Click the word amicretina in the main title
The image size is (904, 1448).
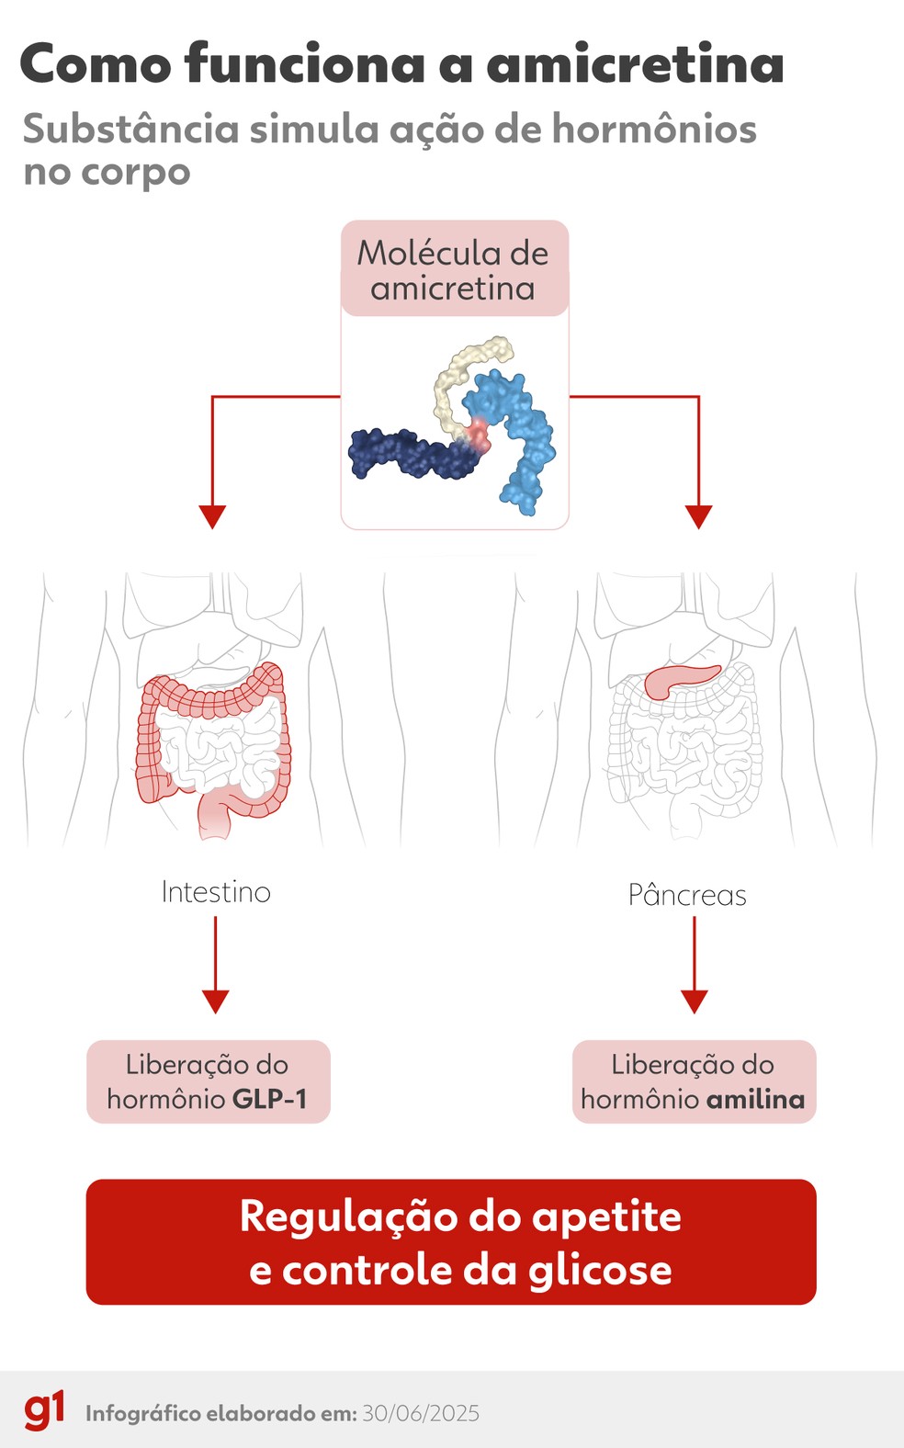coord(635,64)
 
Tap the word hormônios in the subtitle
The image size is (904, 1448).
coord(653,130)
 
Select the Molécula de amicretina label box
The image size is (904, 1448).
coord(454,269)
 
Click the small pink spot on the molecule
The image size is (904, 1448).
coord(478,434)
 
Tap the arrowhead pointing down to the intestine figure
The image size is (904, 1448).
coord(212,516)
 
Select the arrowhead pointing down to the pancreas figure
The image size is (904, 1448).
coord(699,516)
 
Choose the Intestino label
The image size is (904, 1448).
coord(216,892)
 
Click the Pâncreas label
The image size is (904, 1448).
coord(687,895)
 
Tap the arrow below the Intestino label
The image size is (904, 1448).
coord(216,965)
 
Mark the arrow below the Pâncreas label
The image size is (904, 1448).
coord(695,965)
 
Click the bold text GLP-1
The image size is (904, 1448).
coord(269,1099)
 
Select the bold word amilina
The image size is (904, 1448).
coord(755,1099)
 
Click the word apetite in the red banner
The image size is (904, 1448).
coord(606,1216)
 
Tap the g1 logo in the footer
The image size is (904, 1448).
coord(44,1410)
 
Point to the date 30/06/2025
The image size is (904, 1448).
coord(421,1413)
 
